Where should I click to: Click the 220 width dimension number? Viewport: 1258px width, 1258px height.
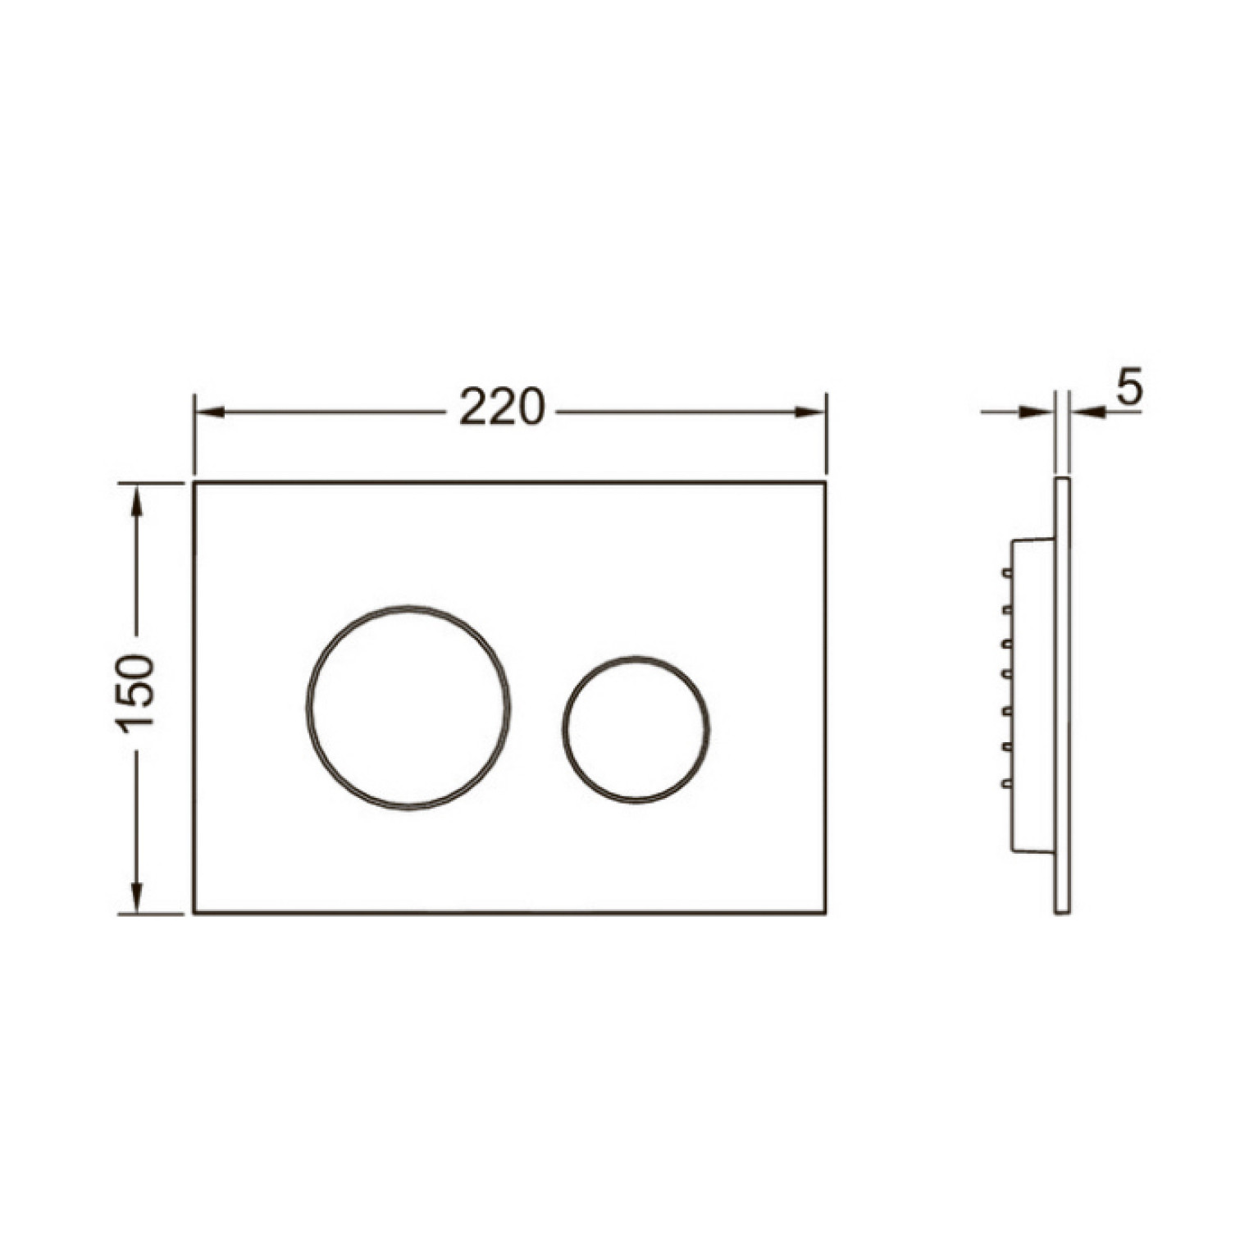(501, 407)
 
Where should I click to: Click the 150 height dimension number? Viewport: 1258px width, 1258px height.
(134, 693)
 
